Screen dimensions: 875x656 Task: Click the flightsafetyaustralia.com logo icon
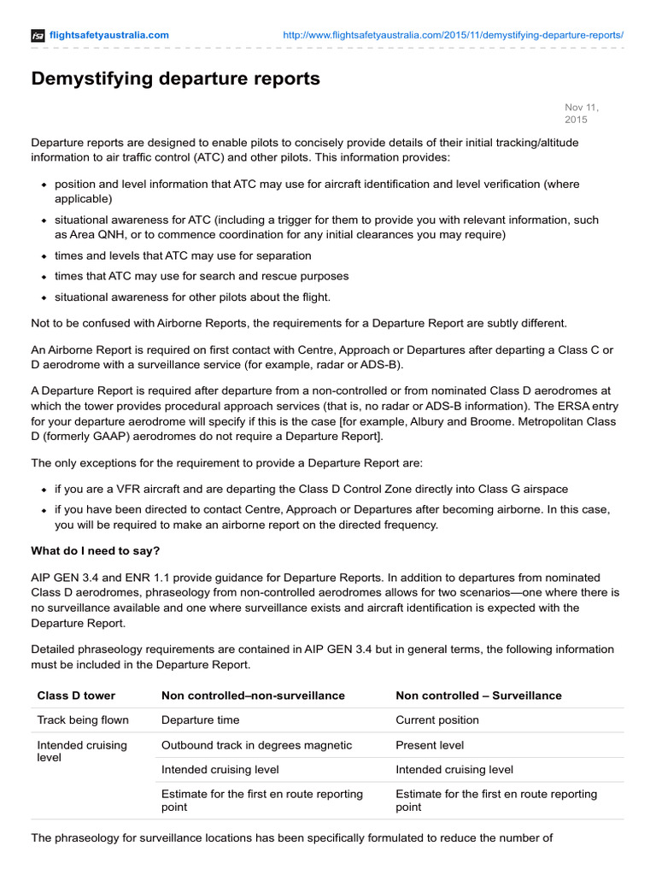38,35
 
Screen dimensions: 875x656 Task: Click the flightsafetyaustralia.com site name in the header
108,35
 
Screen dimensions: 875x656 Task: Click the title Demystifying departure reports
175,79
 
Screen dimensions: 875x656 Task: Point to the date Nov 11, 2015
582,113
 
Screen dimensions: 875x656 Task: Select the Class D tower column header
76,696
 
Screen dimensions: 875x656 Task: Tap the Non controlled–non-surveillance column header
253,696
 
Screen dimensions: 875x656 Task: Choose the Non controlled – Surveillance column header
478,696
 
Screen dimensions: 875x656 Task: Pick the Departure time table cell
200,720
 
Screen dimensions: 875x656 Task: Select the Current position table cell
437,720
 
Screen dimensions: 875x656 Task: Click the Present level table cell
430,745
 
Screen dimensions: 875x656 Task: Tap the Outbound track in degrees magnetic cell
256,745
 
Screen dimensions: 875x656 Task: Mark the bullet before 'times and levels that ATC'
44,256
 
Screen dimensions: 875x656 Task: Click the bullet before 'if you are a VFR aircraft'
44,490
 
